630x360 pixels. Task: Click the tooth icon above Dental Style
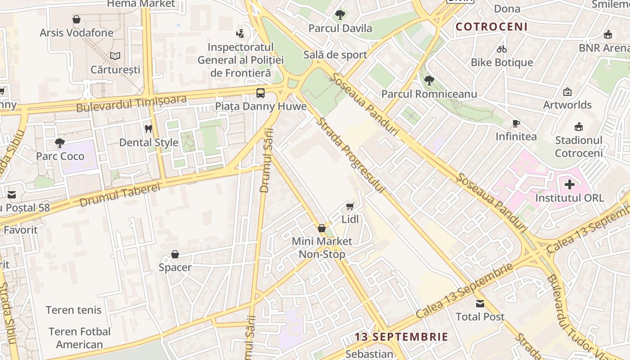coord(148,129)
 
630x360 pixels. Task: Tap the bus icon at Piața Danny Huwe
coord(261,93)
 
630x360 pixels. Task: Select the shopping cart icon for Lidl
coord(350,206)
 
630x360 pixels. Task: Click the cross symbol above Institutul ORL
coord(570,184)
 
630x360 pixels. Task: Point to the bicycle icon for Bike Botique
coord(502,49)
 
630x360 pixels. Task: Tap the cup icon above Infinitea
coord(516,123)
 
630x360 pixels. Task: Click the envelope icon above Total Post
coord(480,303)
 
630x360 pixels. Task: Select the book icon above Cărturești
coord(115,56)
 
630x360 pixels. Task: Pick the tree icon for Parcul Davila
coord(340,15)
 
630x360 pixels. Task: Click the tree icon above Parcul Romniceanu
coord(429,81)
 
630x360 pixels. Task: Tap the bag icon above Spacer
coord(175,254)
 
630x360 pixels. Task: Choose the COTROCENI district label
coord(491,27)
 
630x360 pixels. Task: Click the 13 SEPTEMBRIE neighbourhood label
coord(401,337)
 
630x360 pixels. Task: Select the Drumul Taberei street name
coord(120,195)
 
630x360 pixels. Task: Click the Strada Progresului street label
coord(350,156)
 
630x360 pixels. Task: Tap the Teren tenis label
coord(74,310)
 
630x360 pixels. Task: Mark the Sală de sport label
coord(335,55)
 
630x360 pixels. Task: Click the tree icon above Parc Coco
coord(59,143)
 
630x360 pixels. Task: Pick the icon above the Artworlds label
coord(567,92)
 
